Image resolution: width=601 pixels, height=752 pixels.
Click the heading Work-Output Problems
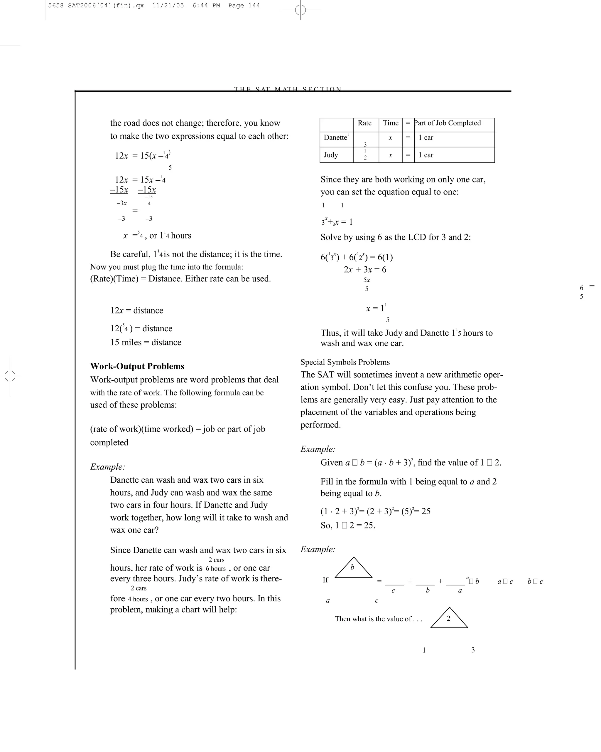point(137,366)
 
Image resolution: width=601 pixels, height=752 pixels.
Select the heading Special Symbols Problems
point(345,362)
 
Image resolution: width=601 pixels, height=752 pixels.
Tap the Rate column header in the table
point(364,123)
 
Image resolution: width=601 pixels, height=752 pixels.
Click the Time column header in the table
point(391,123)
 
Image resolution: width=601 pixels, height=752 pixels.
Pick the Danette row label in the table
point(335,138)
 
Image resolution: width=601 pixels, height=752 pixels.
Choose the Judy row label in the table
point(331,155)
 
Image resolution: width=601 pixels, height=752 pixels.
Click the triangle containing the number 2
point(449,619)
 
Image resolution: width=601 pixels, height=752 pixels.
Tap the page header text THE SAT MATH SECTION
point(288,89)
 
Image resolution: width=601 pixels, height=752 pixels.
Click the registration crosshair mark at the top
point(300,10)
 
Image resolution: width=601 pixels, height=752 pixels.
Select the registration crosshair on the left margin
point(10,376)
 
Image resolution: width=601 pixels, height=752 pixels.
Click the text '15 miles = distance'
point(146,343)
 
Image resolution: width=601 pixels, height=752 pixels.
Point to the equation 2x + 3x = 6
point(365,270)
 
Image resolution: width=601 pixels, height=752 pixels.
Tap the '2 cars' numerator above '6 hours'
point(216,560)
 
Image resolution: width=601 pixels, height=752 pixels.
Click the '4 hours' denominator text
point(138,599)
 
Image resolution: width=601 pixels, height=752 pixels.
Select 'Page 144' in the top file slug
point(244,6)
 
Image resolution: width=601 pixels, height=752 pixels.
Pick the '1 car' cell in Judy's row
point(426,155)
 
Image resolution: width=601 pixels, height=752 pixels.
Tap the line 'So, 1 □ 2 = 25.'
point(348,525)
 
